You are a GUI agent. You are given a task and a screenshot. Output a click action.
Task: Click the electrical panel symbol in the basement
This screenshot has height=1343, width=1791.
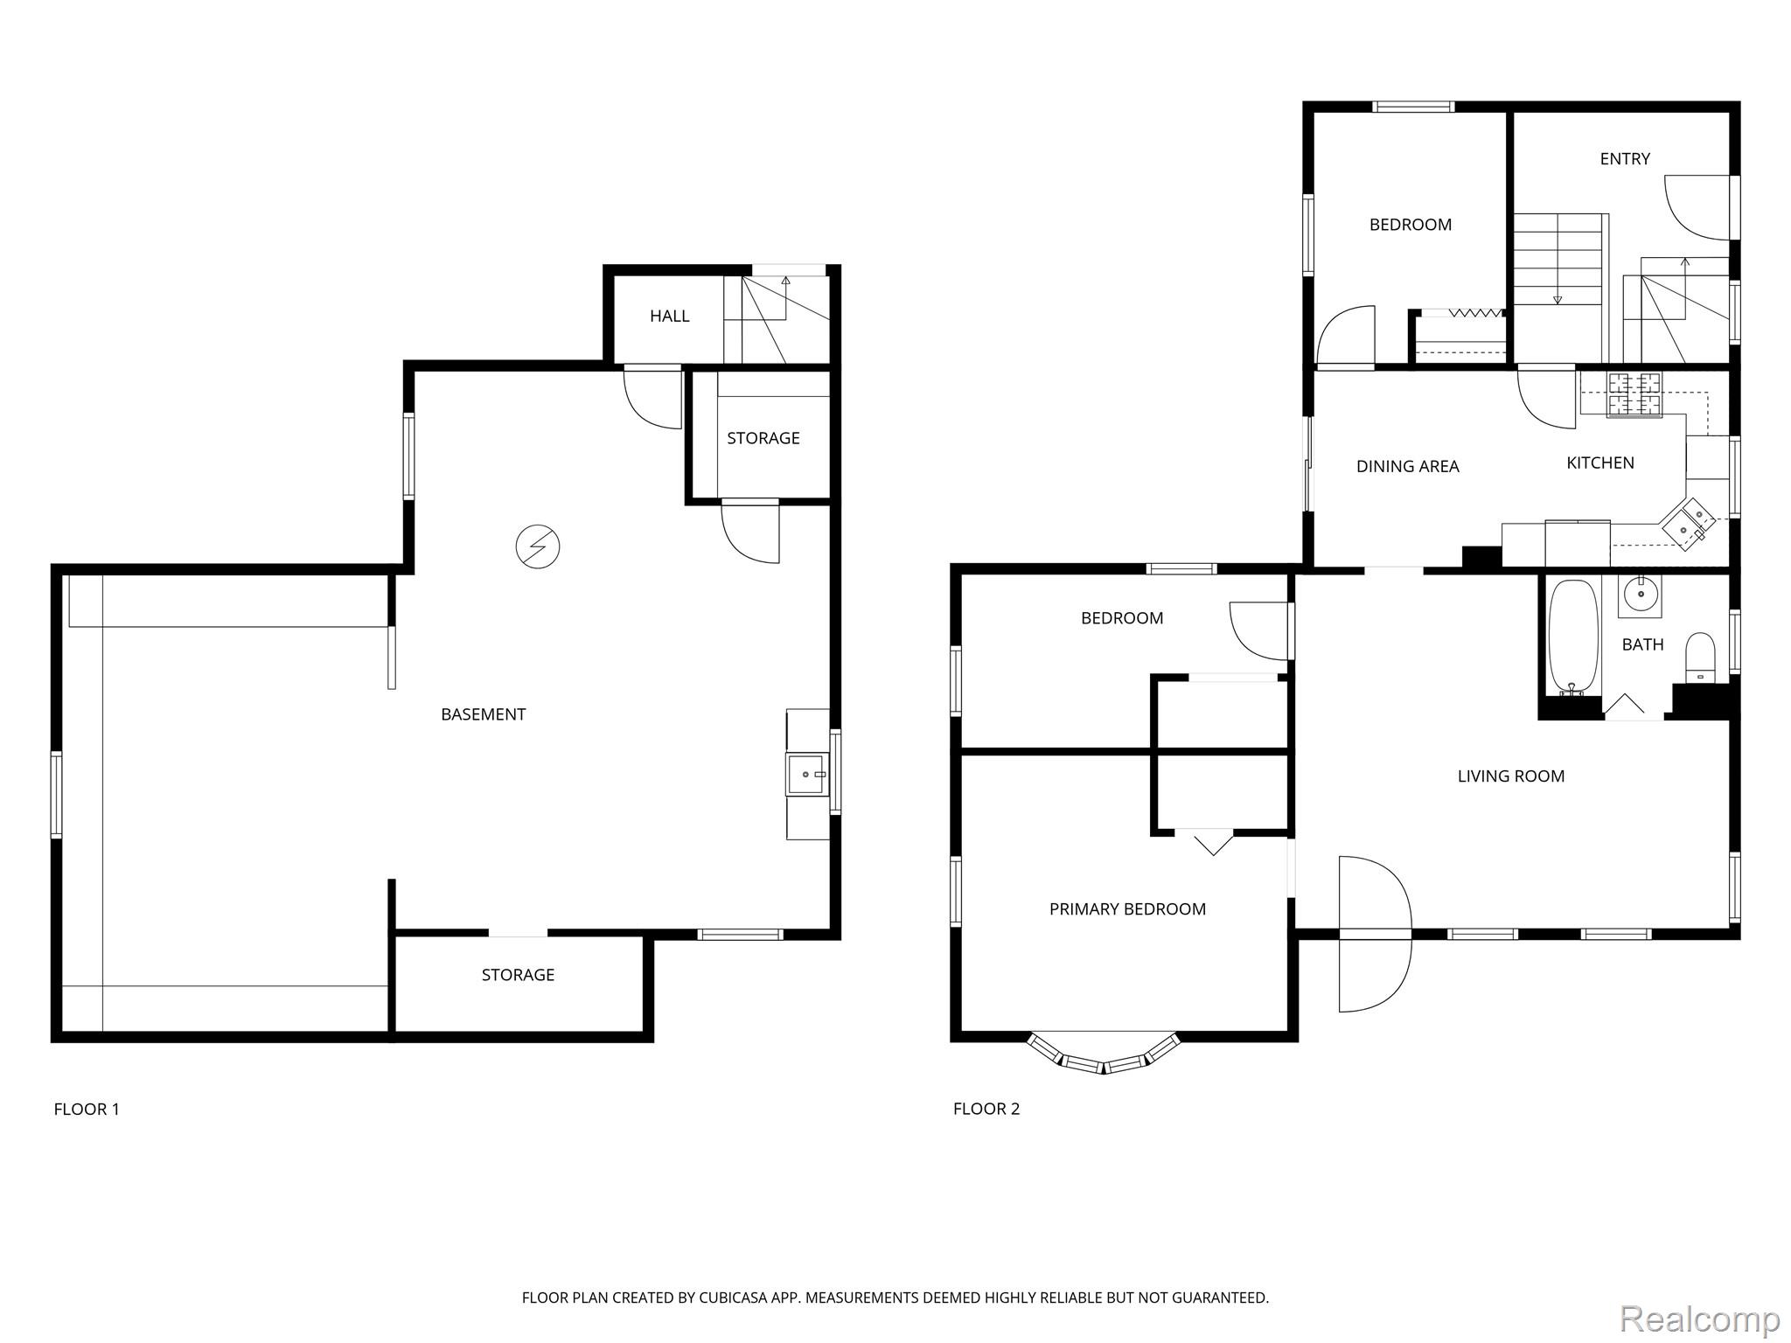tap(537, 546)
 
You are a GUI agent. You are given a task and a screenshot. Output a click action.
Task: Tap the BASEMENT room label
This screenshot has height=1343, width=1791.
tap(483, 714)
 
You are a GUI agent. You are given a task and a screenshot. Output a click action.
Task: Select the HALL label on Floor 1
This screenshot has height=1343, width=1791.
tap(669, 316)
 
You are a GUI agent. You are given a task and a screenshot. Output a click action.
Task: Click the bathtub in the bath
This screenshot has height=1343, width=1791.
tap(1573, 637)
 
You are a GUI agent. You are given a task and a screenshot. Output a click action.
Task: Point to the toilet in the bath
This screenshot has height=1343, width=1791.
tap(1701, 657)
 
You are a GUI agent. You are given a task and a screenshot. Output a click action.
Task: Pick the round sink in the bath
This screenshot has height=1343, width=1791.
tap(1640, 595)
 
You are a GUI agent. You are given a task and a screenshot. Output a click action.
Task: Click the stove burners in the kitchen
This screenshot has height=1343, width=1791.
tap(1635, 395)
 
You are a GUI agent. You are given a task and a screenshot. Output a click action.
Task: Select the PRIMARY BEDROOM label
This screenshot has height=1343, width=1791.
tap(1127, 909)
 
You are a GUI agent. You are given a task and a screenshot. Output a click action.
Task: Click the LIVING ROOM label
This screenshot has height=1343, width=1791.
tap(1510, 776)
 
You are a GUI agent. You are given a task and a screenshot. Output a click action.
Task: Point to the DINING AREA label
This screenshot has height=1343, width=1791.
tap(1407, 466)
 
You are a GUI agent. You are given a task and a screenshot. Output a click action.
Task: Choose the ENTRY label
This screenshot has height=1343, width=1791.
tap(1625, 158)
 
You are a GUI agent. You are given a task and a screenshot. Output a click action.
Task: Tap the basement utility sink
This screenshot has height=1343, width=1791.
tap(807, 775)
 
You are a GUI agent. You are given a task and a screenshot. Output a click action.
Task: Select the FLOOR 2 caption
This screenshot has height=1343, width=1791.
tap(986, 1109)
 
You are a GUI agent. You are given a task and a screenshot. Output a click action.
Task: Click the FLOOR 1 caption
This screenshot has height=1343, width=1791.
tap(87, 1109)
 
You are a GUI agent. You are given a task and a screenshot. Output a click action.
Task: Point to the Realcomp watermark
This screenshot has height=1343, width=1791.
tap(1699, 1318)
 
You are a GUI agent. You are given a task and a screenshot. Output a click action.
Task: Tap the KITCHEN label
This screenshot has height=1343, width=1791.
tap(1599, 463)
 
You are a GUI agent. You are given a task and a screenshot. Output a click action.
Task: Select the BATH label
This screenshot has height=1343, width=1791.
tap(1642, 644)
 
